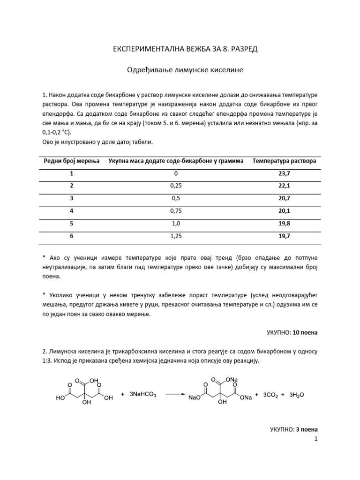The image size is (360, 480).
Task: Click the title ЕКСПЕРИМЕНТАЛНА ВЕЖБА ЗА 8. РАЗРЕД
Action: point(180,49)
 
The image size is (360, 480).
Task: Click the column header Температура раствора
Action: point(284,161)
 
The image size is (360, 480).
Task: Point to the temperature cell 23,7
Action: point(284,174)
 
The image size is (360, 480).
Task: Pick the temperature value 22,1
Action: point(284,186)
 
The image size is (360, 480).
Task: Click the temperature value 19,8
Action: point(284,224)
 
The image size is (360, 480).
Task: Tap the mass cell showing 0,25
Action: point(176,186)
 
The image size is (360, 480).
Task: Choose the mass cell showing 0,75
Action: point(176,211)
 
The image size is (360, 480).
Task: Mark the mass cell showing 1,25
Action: point(176,237)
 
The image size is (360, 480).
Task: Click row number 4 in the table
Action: point(72,211)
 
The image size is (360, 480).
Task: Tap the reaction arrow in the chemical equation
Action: point(175,395)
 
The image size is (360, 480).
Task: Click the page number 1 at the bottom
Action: point(316,439)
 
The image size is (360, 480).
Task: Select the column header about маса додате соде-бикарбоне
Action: point(176,161)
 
